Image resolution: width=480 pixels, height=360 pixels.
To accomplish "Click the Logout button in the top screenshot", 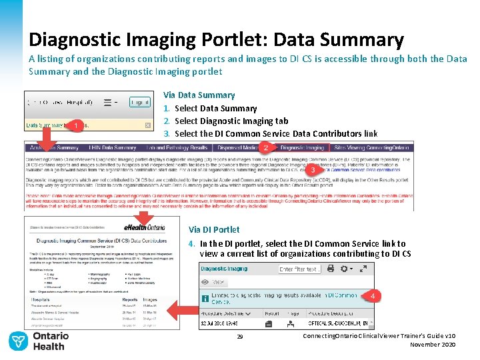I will point(139,103).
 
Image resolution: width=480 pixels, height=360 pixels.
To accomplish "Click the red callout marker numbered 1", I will point(77,125).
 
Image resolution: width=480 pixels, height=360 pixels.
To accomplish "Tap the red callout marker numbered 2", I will point(265,147).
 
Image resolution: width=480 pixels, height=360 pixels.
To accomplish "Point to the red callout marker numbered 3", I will point(313,169).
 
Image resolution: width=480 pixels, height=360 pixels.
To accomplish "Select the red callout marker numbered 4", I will point(375,295).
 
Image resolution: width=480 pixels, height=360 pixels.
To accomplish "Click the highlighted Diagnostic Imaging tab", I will point(302,147).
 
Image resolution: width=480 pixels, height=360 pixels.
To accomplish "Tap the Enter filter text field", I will point(299,269).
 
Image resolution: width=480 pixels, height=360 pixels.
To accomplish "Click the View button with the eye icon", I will point(213,283).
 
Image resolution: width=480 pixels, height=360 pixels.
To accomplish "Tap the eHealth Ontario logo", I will point(160,227).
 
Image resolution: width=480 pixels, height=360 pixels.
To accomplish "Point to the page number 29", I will point(240,337).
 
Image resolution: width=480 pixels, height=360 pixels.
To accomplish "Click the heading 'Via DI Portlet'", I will point(214,230).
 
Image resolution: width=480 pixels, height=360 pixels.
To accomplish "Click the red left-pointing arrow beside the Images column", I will point(178,309).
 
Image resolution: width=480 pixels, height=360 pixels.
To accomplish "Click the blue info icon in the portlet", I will point(205,298).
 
